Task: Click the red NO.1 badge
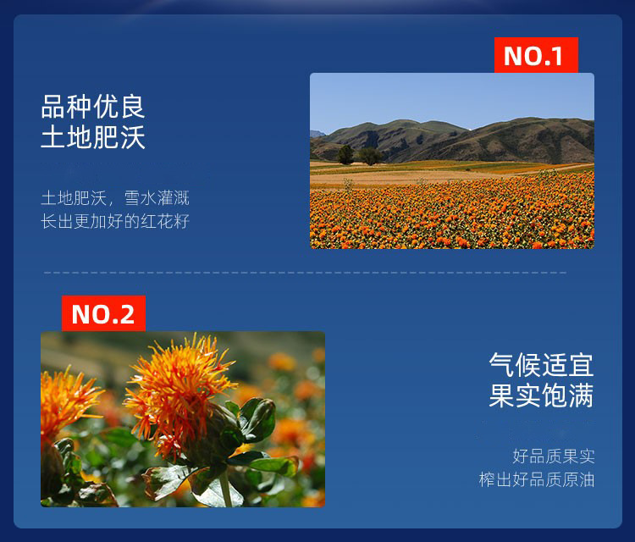(x=536, y=55)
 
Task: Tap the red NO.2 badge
(x=103, y=313)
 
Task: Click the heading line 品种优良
(x=93, y=107)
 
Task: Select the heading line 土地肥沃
(x=93, y=137)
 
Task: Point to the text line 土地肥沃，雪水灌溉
(x=115, y=198)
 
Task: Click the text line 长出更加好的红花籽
(x=115, y=221)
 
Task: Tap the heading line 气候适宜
(x=542, y=365)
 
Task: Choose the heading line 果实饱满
(x=542, y=395)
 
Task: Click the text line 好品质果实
(x=554, y=456)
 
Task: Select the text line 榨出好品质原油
(x=537, y=479)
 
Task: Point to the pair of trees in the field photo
(x=360, y=155)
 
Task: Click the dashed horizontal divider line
(x=306, y=273)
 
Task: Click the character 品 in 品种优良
(x=53, y=107)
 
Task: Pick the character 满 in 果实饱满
(x=581, y=395)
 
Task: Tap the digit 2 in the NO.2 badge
(x=126, y=314)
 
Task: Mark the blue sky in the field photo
(x=452, y=99)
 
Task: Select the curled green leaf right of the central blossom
(x=257, y=419)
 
